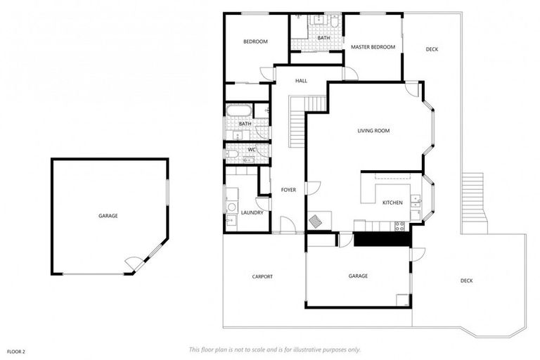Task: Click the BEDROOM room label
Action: click(x=255, y=41)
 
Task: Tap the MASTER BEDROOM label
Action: click(x=373, y=47)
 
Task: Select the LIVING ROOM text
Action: click(x=373, y=131)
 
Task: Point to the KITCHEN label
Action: click(x=392, y=202)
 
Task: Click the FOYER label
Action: click(x=288, y=190)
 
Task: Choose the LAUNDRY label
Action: click(x=252, y=212)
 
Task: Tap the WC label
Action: click(x=251, y=150)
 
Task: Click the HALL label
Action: click(x=301, y=81)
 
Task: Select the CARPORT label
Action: click(x=262, y=276)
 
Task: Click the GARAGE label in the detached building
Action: click(x=108, y=216)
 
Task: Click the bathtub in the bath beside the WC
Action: click(x=238, y=111)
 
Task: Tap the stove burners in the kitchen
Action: click(x=399, y=226)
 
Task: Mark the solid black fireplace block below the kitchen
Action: click(x=380, y=239)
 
